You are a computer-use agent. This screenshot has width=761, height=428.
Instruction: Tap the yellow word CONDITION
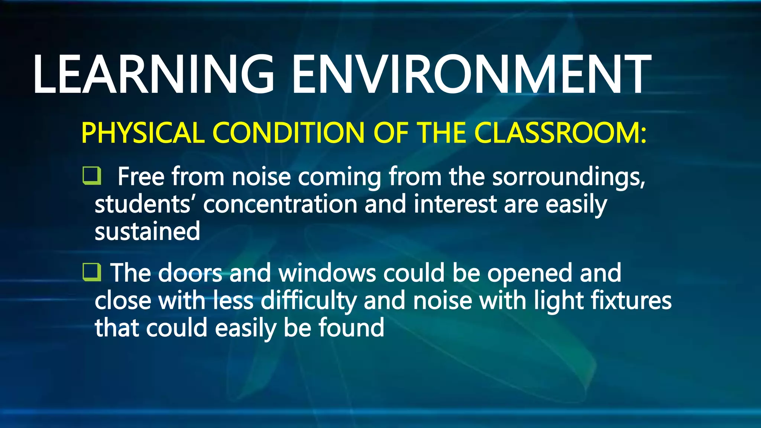[288, 133]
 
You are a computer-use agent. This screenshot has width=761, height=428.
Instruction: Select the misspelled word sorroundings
[569, 177]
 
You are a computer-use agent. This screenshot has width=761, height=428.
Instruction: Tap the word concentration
[280, 204]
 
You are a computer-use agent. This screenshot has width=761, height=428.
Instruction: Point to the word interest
[455, 204]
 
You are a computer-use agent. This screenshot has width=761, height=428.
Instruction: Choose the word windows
[327, 273]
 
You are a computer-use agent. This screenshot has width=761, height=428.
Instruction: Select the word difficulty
[308, 301]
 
